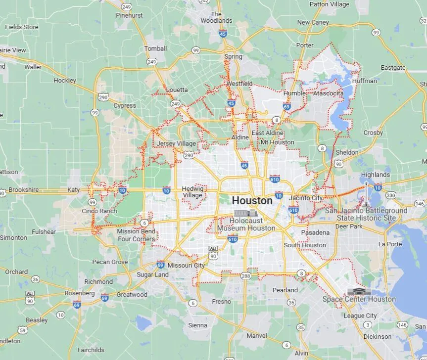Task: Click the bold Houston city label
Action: [252, 201]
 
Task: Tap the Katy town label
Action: [73, 189]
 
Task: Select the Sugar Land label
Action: [152, 274]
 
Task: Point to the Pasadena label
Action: [315, 232]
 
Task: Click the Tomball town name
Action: [155, 48]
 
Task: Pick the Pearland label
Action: [285, 290]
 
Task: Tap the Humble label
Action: [294, 93]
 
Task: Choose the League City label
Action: [360, 315]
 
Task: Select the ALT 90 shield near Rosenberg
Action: [30, 297]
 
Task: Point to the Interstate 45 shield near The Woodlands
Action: [223, 34]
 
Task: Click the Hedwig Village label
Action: [192, 192]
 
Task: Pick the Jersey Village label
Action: [176, 143]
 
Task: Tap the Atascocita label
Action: [328, 93]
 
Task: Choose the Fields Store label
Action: [22, 27]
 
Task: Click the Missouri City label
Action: [186, 265]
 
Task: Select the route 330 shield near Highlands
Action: [391, 195]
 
